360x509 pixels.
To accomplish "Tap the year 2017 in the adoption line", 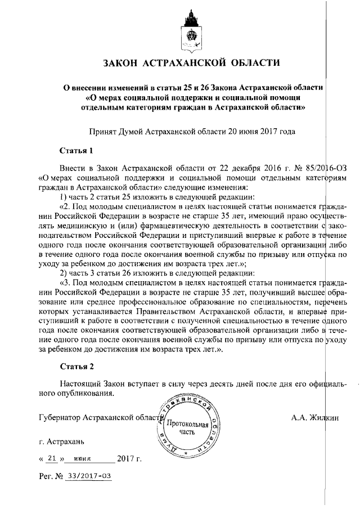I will pyautogui.click(x=264, y=131).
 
